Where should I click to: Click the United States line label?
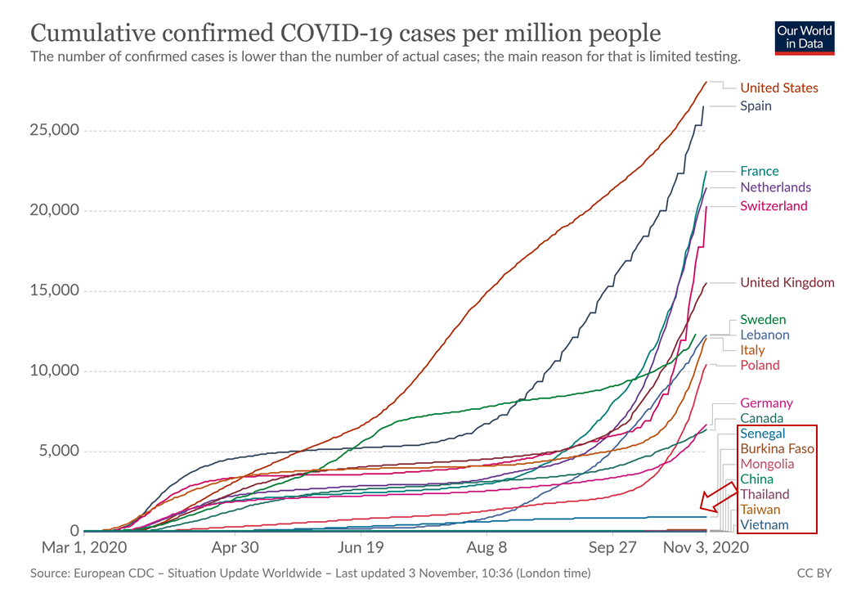click(778, 88)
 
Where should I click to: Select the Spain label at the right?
click(756, 106)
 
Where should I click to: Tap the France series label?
click(760, 172)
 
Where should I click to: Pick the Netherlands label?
click(775, 187)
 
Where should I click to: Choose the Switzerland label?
click(774, 206)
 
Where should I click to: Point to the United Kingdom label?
click(787, 283)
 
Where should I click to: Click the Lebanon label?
click(765, 335)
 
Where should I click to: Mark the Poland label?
click(760, 366)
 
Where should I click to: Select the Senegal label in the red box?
click(762, 434)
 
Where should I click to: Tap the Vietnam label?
click(765, 524)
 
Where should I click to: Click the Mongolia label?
click(767, 464)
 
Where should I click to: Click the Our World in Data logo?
click(805, 38)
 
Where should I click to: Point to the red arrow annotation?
click(720, 496)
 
